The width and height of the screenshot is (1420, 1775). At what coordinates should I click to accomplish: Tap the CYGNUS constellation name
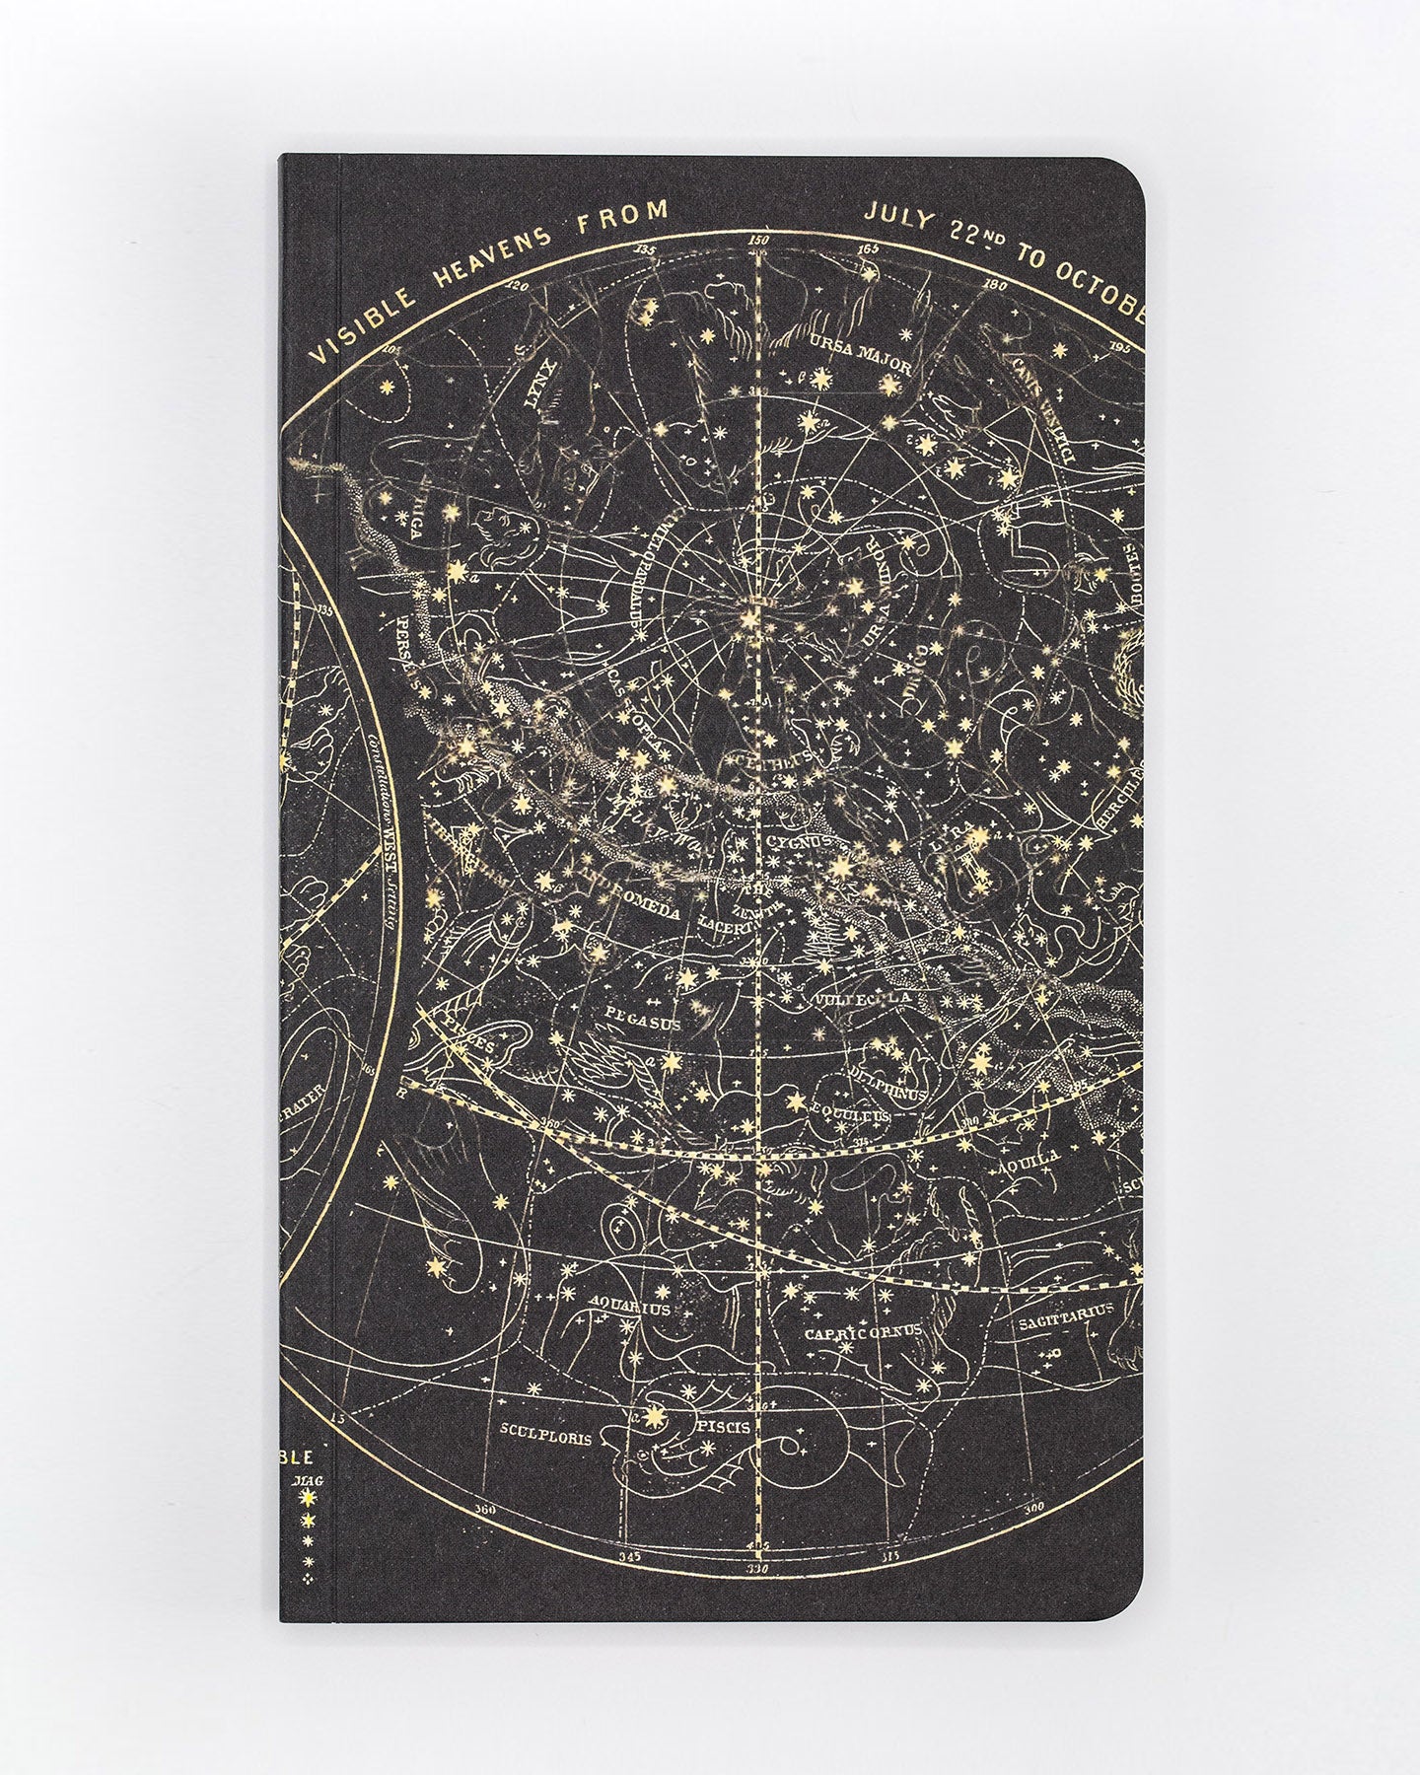(x=797, y=841)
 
